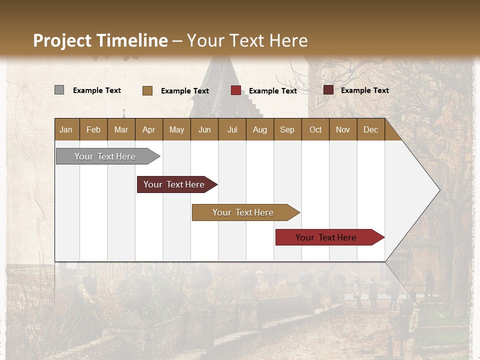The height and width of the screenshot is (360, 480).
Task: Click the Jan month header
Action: click(x=66, y=129)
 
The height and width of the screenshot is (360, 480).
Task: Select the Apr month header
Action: click(x=148, y=129)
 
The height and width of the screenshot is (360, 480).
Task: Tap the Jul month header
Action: click(x=232, y=129)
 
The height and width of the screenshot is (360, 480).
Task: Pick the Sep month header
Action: click(x=287, y=129)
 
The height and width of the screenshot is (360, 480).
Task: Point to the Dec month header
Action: click(x=370, y=129)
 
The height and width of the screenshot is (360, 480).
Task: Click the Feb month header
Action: click(x=93, y=129)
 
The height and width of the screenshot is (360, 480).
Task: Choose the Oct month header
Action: click(x=315, y=129)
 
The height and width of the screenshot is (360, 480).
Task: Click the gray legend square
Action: click(x=59, y=90)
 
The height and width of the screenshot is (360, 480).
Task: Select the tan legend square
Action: click(x=147, y=90)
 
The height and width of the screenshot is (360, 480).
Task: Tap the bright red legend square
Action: click(x=236, y=90)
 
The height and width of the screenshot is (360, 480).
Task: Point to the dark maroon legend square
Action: click(x=328, y=90)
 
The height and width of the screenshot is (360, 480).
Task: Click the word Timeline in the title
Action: click(x=132, y=40)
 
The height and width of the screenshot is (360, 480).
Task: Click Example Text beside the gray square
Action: click(x=97, y=90)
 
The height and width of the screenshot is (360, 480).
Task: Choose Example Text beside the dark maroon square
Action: click(x=365, y=90)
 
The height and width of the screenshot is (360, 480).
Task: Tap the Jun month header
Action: click(x=204, y=129)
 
